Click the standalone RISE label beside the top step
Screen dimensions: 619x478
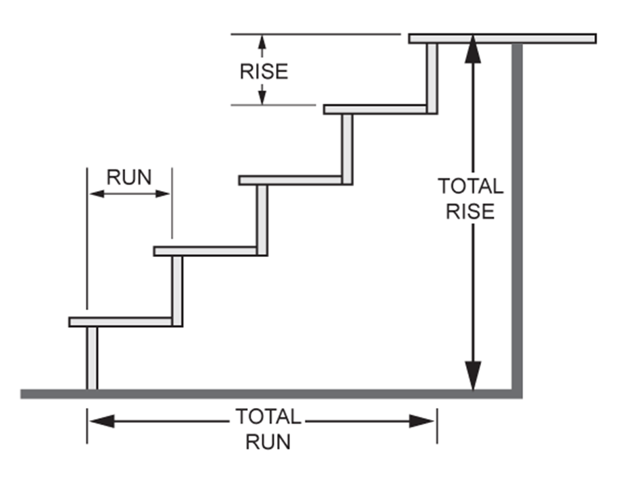click(x=264, y=71)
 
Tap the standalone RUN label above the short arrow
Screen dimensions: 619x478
click(x=129, y=177)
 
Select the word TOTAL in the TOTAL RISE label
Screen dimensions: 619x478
click(x=471, y=186)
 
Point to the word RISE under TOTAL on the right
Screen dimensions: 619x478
click(x=470, y=211)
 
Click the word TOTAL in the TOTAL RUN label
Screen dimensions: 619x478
click(x=268, y=416)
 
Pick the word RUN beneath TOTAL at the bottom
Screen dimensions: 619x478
click(x=268, y=442)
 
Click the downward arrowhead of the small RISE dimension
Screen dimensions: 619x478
click(x=262, y=97)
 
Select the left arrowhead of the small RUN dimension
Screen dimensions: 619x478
click(x=97, y=194)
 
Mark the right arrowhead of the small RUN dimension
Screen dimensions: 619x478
click(x=162, y=194)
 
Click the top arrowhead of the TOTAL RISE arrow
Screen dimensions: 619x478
click(x=473, y=49)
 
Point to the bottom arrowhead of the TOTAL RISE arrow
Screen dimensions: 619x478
click(x=473, y=375)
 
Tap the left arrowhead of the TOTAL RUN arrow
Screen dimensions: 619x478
click(x=102, y=421)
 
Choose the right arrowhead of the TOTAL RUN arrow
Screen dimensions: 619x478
click(x=422, y=421)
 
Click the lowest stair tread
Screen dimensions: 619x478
click(x=121, y=322)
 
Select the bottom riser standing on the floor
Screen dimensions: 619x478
click(x=92, y=358)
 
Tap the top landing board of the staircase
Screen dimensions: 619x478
click(x=503, y=39)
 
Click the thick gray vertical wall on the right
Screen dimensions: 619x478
click(x=517, y=218)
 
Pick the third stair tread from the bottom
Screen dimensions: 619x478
click(x=291, y=181)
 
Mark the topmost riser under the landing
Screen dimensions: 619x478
click(x=432, y=79)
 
